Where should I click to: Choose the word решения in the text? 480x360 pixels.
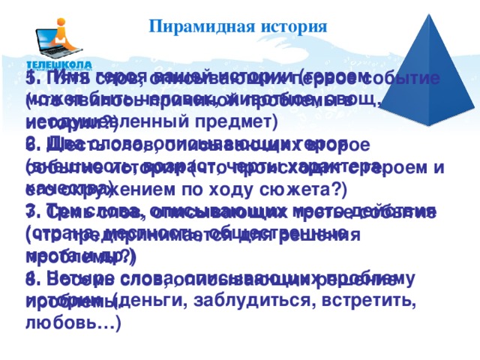pos(331,235)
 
